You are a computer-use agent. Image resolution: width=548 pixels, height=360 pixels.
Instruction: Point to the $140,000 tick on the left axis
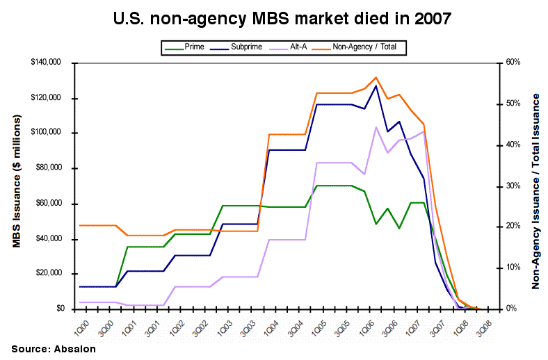46,63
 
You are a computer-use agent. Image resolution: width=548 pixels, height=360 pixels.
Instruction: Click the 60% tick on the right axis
513,63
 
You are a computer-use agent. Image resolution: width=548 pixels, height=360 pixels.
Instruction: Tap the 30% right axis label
513,186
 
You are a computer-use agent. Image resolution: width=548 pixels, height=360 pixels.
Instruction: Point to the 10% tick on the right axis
513,268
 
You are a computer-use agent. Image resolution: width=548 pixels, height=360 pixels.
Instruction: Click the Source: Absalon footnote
53,349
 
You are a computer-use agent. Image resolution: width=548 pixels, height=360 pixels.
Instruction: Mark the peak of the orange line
376,77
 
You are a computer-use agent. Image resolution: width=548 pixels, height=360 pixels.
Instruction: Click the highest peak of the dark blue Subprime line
376,85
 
